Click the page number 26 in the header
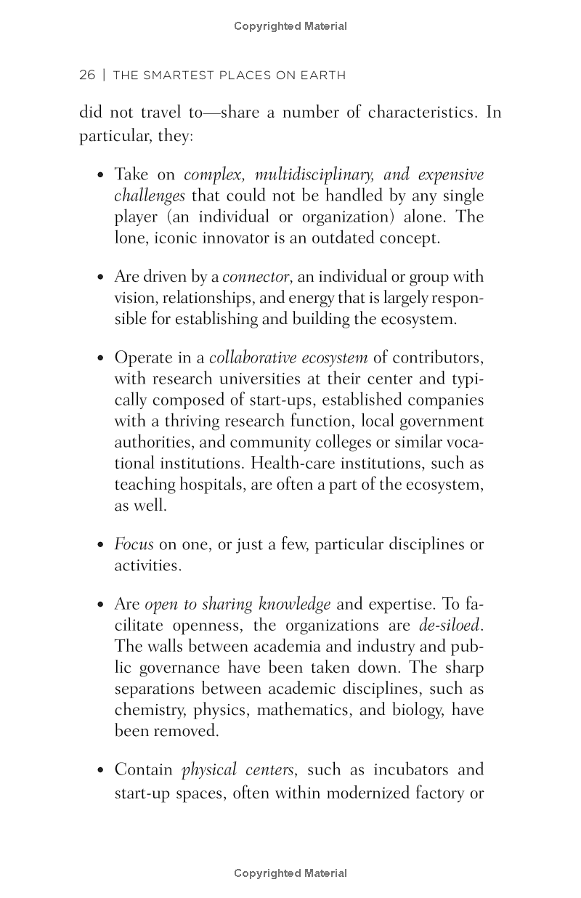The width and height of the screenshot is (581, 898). pos(87,75)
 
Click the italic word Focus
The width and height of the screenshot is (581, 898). pos(134,544)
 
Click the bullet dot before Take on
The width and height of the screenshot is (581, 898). pos(101,175)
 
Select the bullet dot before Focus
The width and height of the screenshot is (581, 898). pos(101,545)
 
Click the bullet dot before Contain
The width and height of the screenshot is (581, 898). pos(101,770)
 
